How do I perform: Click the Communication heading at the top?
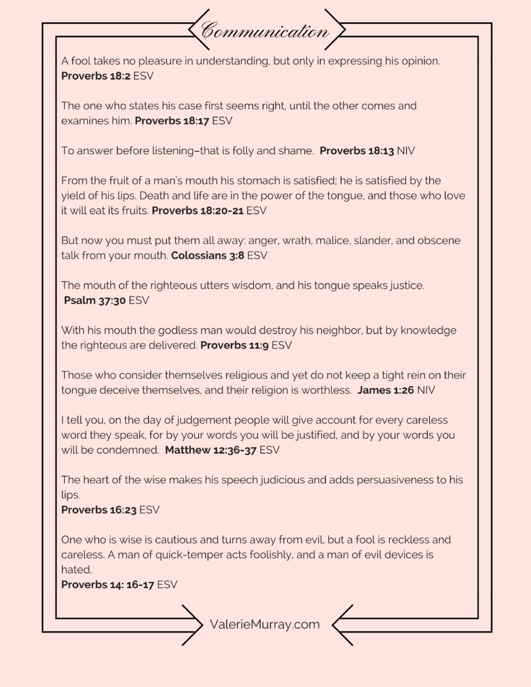point(265,30)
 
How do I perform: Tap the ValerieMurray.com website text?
point(265,625)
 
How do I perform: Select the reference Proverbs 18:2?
point(95,76)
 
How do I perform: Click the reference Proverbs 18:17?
point(172,121)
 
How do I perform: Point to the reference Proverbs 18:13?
point(356,151)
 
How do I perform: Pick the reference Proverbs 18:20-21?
point(197,211)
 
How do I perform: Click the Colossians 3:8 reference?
point(207,256)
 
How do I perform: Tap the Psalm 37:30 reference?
point(94,300)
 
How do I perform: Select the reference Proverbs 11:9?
point(234,345)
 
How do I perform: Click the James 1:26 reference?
point(385,390)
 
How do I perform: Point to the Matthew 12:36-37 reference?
point(210,450)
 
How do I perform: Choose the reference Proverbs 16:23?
point(98,510)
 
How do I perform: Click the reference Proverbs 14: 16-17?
point(107,585)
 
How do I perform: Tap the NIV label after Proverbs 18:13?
point(406,151)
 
